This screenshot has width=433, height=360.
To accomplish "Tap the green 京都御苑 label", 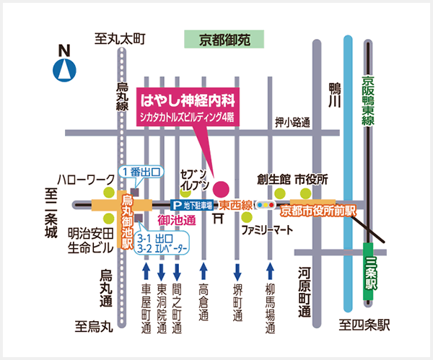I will click(224, 40).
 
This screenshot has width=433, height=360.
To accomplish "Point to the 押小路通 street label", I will click(292, 123).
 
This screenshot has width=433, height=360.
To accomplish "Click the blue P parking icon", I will click(175, 205).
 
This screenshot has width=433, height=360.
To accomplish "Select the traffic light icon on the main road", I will click(265, 205).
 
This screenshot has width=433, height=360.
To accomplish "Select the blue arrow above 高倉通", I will click(204, 272).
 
